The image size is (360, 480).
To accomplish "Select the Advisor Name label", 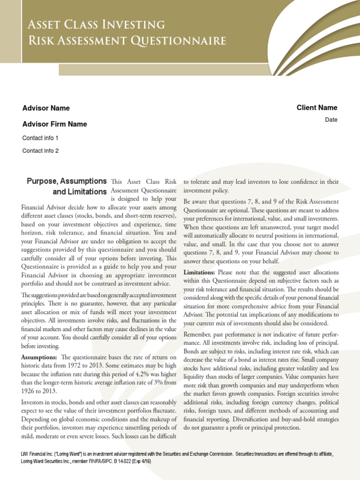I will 46,108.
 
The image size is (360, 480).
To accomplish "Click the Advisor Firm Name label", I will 54,124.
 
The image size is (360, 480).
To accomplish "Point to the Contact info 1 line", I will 40,138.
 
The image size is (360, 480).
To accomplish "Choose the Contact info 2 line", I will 40,151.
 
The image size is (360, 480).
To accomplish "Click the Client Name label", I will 316,107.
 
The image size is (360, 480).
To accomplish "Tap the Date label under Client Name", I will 331,120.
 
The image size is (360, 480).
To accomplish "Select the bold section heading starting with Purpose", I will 67,181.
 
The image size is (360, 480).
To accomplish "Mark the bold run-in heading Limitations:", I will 199,272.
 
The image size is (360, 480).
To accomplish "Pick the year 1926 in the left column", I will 29,391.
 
